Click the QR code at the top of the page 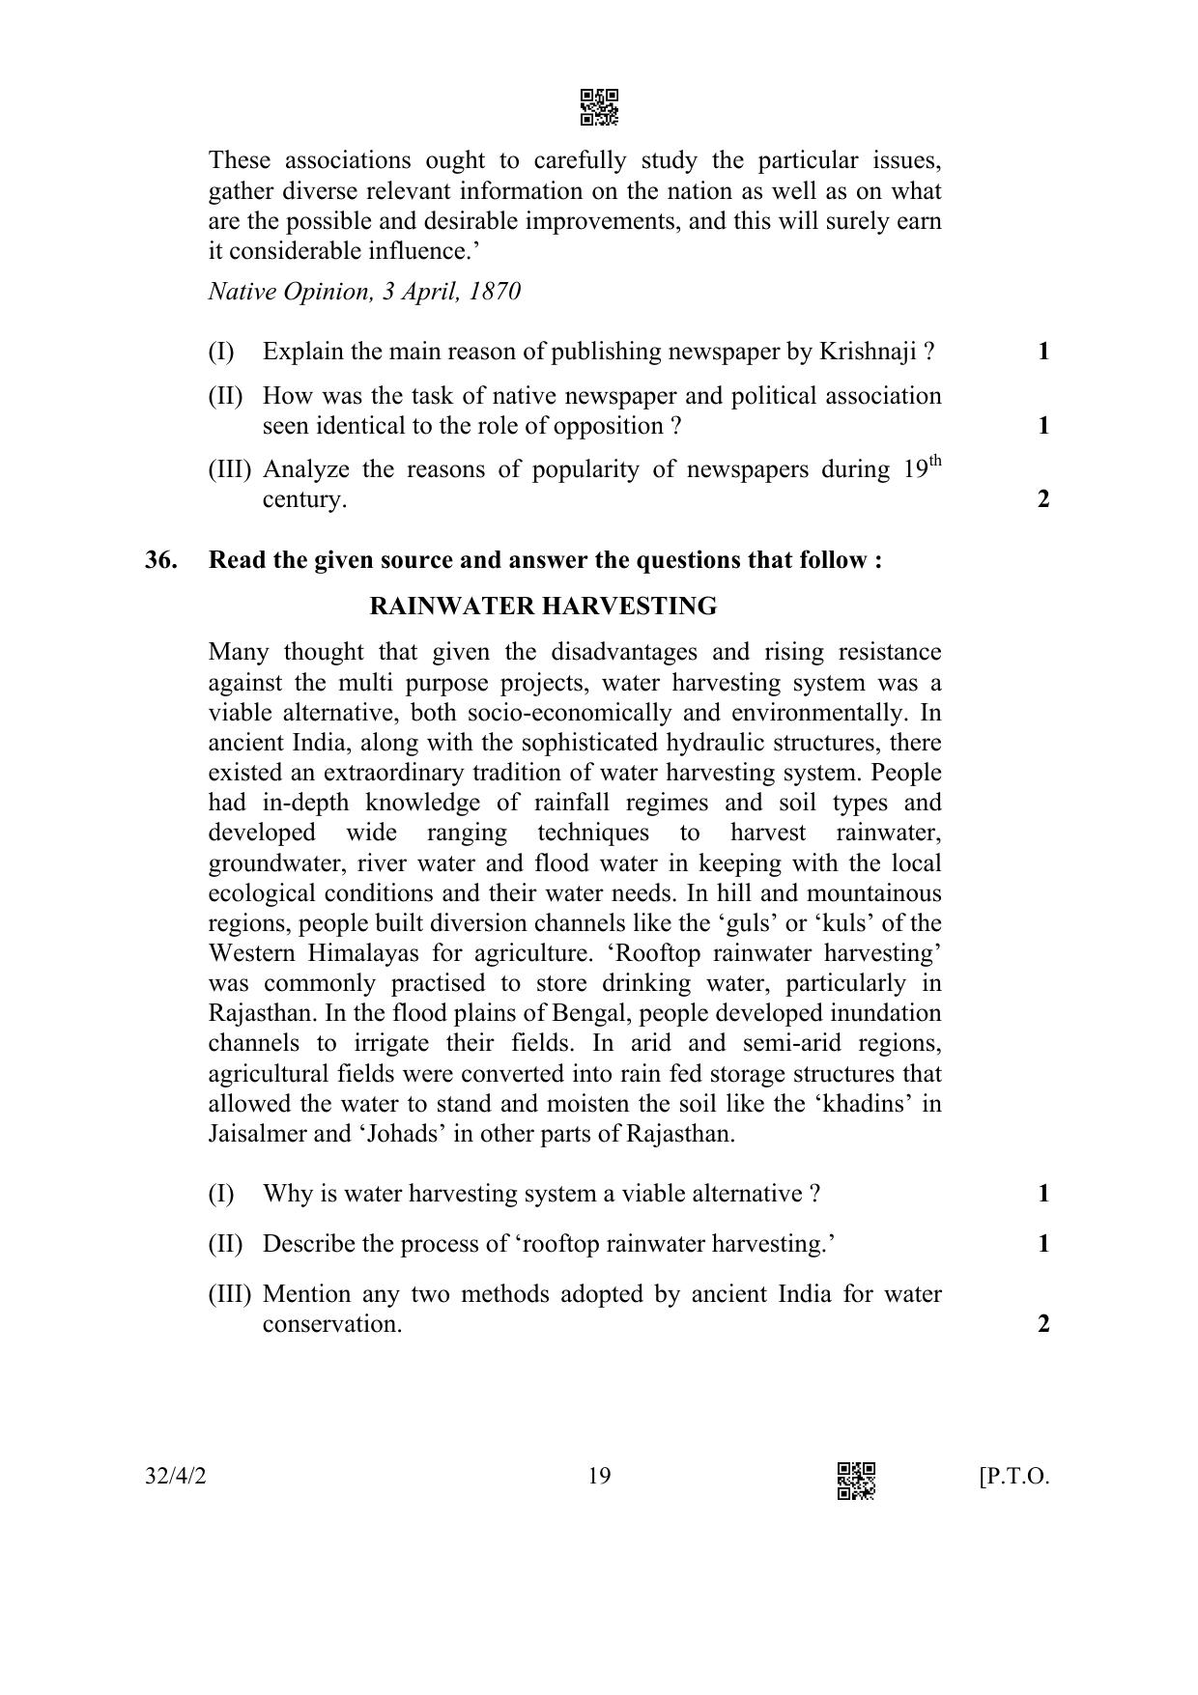click(599, 107)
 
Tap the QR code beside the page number click(856, 1481)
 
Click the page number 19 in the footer click(599, 1476)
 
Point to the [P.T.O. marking click(1013, 1477)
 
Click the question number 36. click(160, 560)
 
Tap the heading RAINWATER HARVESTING click(543, 607)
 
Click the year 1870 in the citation click(495, 292)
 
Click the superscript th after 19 click(933, 462)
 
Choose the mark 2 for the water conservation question click(1043, 1324)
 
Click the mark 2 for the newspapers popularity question click(1043, 499)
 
